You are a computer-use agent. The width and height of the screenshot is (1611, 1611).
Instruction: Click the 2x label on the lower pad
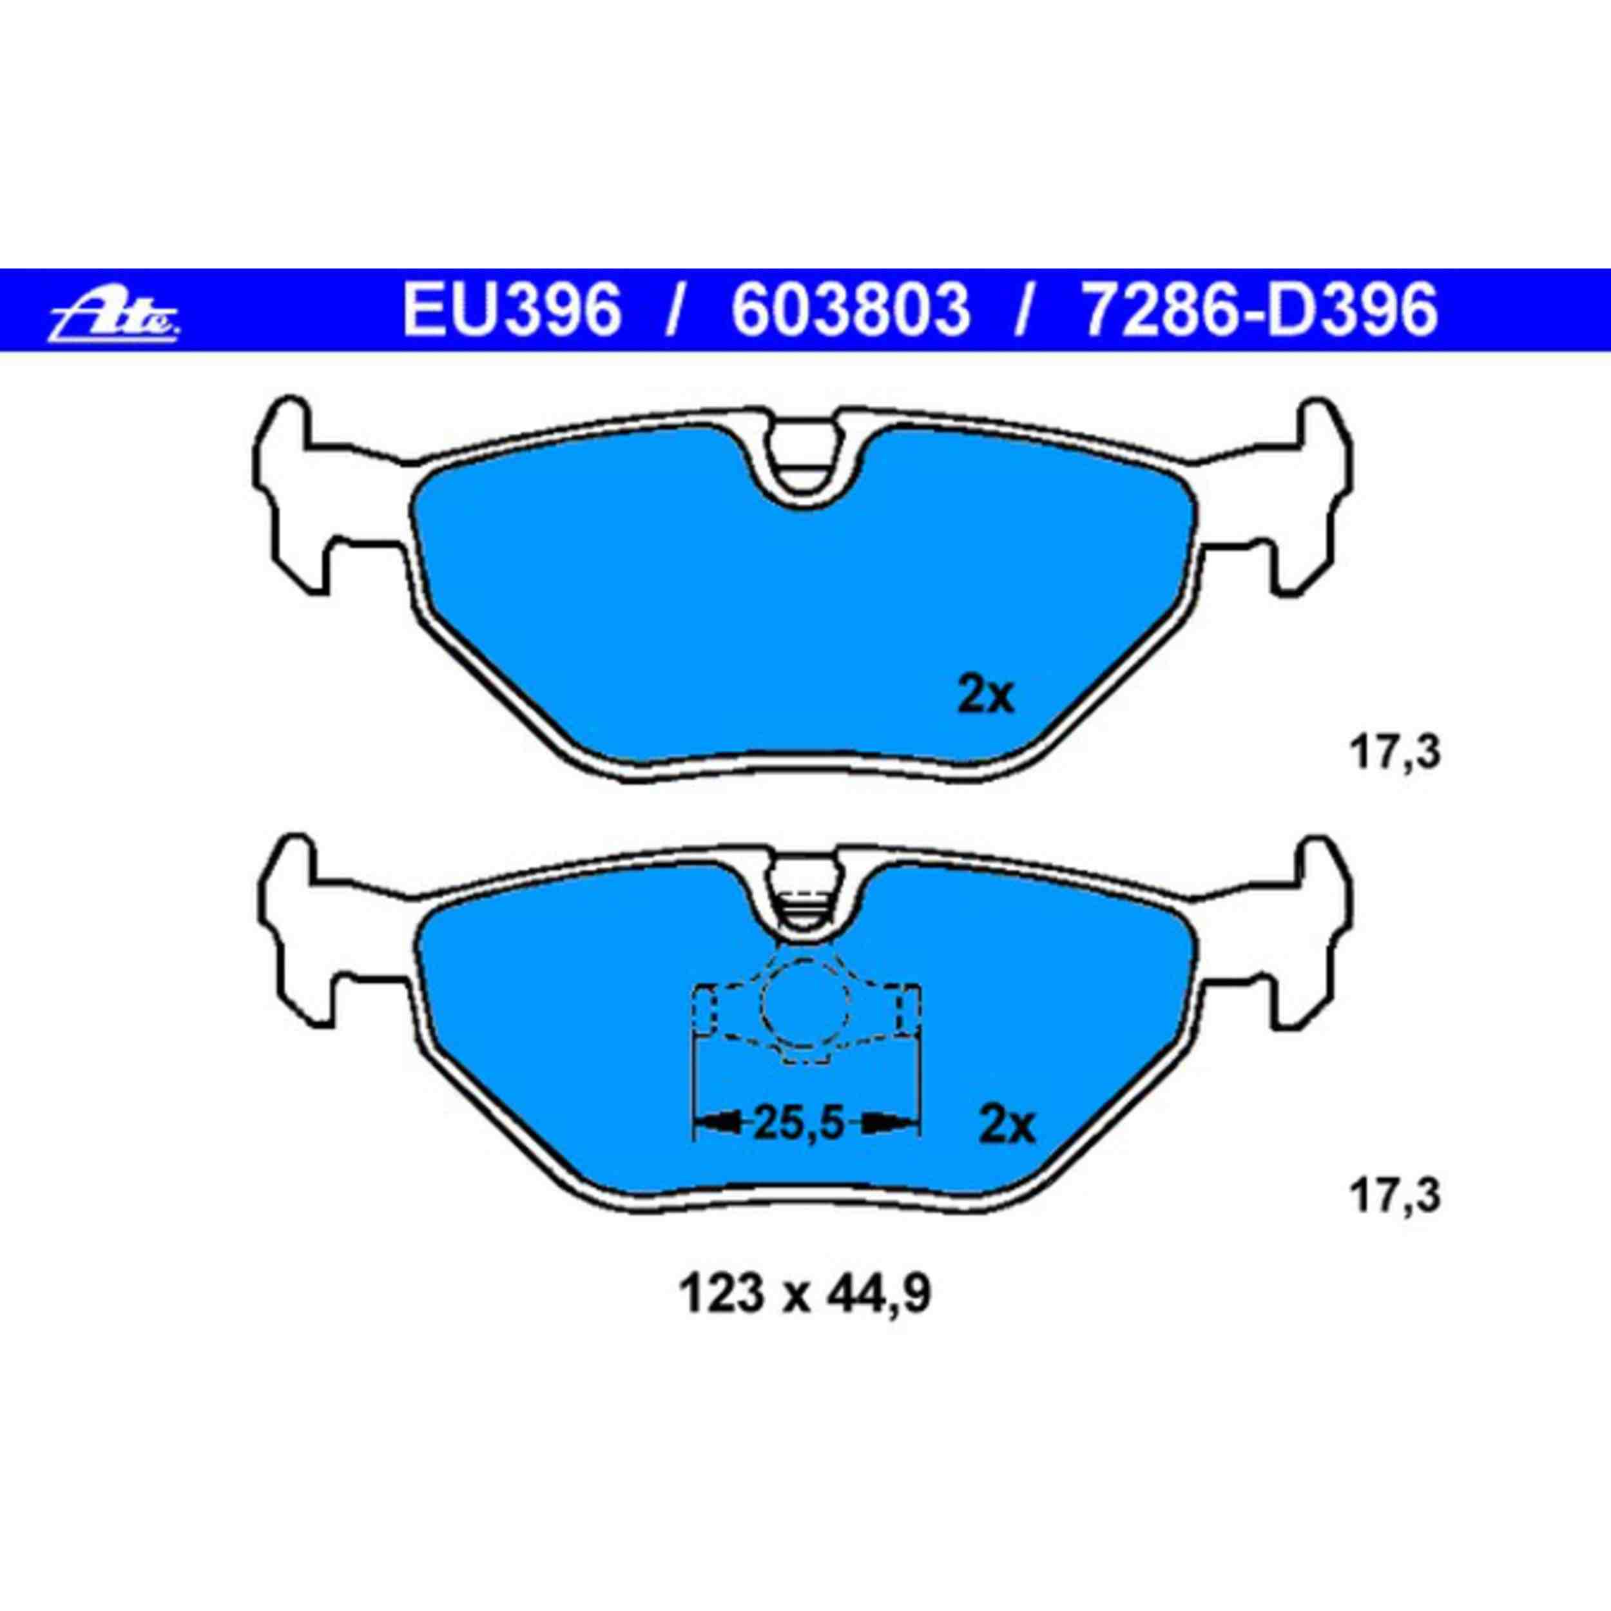[1007, 1126]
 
